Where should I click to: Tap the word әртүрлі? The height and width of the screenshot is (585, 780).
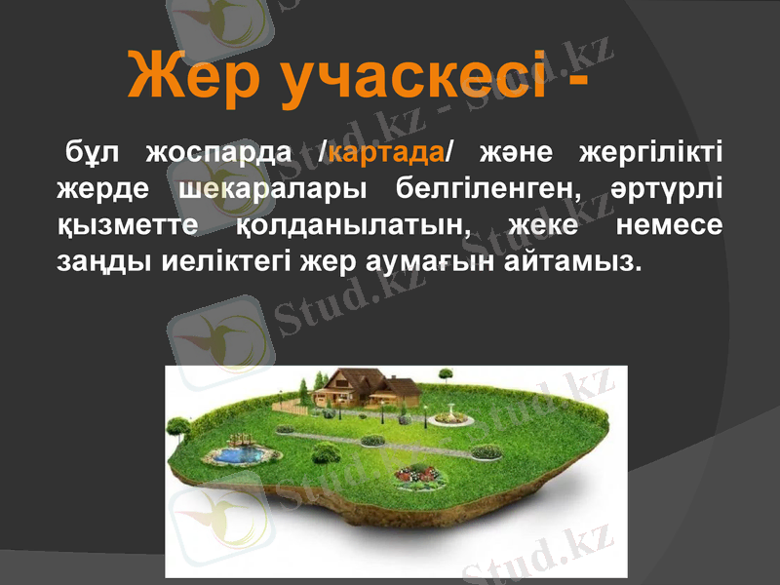(x=666, y=189)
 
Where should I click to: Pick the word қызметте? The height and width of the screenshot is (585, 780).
(x=127, y=225)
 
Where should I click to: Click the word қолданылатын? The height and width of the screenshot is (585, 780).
(x=353, y=225)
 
